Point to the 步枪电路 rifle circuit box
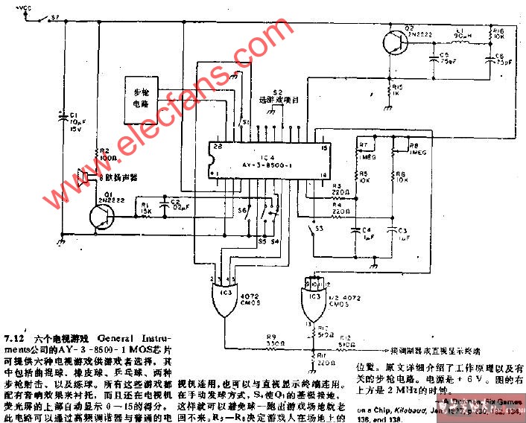(x=143, y=98)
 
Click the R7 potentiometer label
(x=363, y=145)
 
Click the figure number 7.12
(x=14, y=338)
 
